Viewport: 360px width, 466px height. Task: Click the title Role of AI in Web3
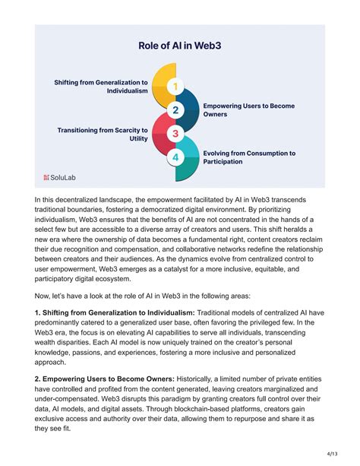[179, 46]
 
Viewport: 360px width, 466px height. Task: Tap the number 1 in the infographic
[175, 87]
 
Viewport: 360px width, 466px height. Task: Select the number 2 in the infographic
[175, 110]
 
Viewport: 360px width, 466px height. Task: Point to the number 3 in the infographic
[175, 134]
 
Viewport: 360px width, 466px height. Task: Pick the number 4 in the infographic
[175, 157]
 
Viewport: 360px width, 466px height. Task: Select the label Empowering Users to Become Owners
[248, 109]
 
